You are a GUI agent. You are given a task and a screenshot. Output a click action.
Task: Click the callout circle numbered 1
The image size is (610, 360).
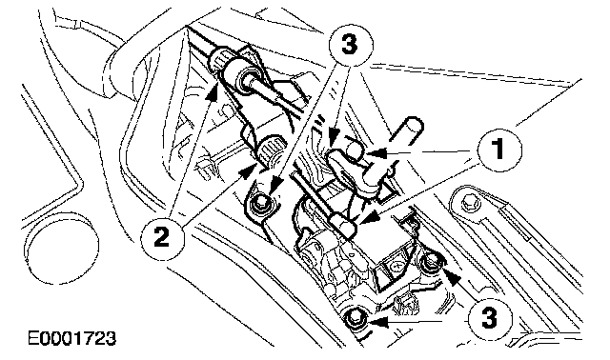pyautogui.click(x=499, y=150)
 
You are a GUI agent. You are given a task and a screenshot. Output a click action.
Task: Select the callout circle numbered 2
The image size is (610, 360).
pyautogui.click(x=162, y=237)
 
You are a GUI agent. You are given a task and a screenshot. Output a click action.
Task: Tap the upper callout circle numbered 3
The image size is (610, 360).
pyautogui.click(x=350, y=46)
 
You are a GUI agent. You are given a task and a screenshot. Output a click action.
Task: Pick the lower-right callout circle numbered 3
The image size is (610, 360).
pyautogui.click(x=489, y=317)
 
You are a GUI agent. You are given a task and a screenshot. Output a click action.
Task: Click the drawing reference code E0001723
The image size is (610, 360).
pyautogui.click(x=72, y=338)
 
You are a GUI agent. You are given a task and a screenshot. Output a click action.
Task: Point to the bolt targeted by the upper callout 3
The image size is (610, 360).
pyautogui.click(x=260, y=202)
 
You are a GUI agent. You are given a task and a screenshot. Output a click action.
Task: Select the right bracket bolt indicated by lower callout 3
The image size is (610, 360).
pyautogui.click(x=431, y=261)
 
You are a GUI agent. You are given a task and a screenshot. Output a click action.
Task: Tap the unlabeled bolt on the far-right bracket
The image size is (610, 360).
pyautogui.click(x=468, y=200)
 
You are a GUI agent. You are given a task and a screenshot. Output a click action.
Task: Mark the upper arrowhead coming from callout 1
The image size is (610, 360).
pyautogui.click(x=376, y=153)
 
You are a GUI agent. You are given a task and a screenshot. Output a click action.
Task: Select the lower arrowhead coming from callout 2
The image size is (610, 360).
pyautogui.click(x=247, y=170)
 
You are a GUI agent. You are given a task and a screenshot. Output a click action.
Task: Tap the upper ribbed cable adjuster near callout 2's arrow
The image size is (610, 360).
pyautogui.click(x=220, y=59)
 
